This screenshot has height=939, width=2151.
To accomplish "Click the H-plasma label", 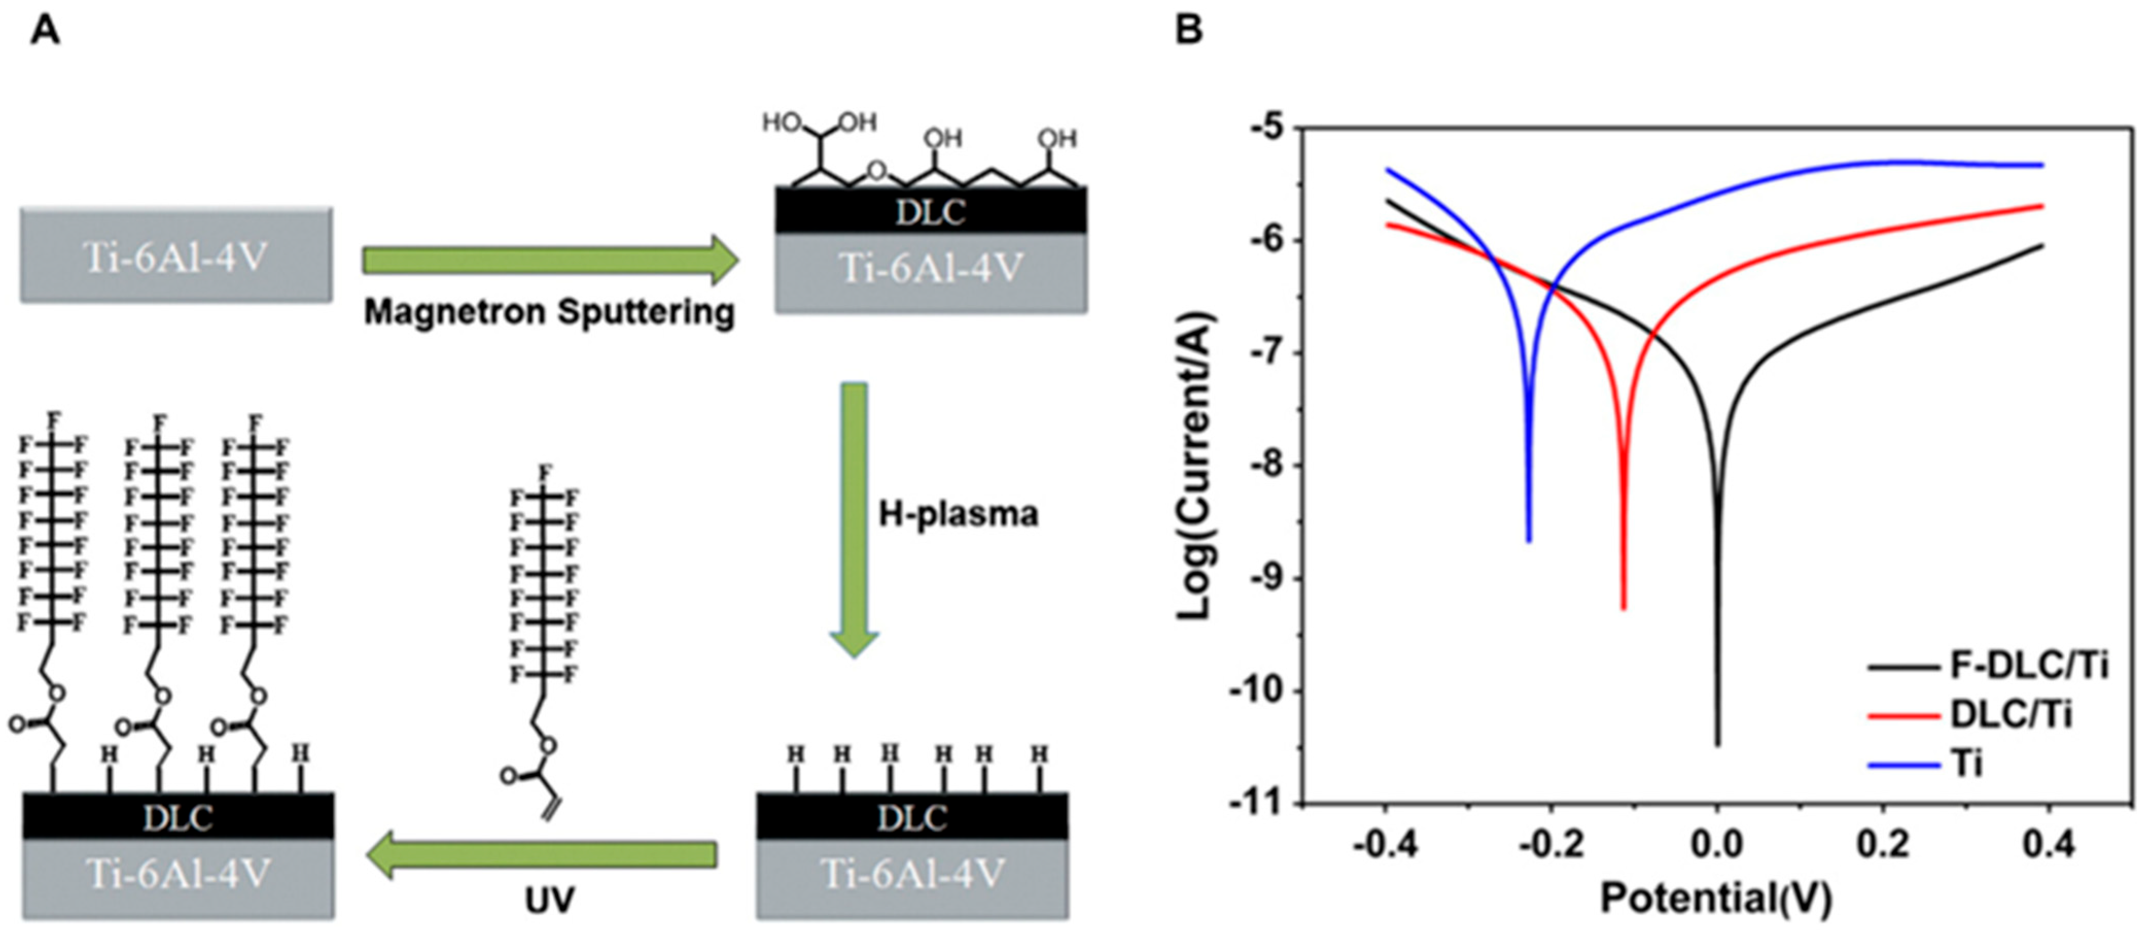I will [x=958, y=513].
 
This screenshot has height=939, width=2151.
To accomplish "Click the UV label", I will [x=549, y=900].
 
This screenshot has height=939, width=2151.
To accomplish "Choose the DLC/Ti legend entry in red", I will [x=2011, y=714].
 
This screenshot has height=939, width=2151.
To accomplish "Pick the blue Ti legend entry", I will [x=1966, y=763].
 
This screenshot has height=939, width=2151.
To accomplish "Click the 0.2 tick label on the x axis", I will [x=1883, y=845].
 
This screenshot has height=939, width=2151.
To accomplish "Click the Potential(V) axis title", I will [x=1716, y=899].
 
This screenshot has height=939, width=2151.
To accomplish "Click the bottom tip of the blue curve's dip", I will [x=1529, y=541].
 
